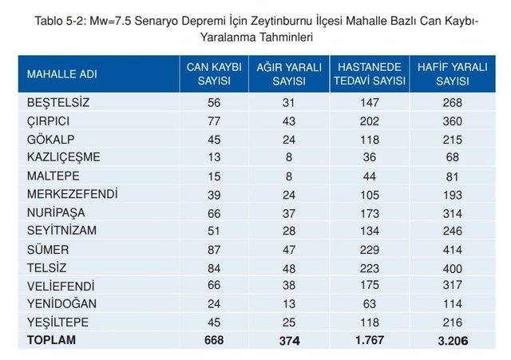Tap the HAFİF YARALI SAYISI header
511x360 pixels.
pos(453,74)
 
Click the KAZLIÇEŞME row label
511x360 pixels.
pos(64,156)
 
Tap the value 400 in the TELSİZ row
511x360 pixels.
pos(453,267)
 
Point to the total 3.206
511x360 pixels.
pos(453,340)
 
